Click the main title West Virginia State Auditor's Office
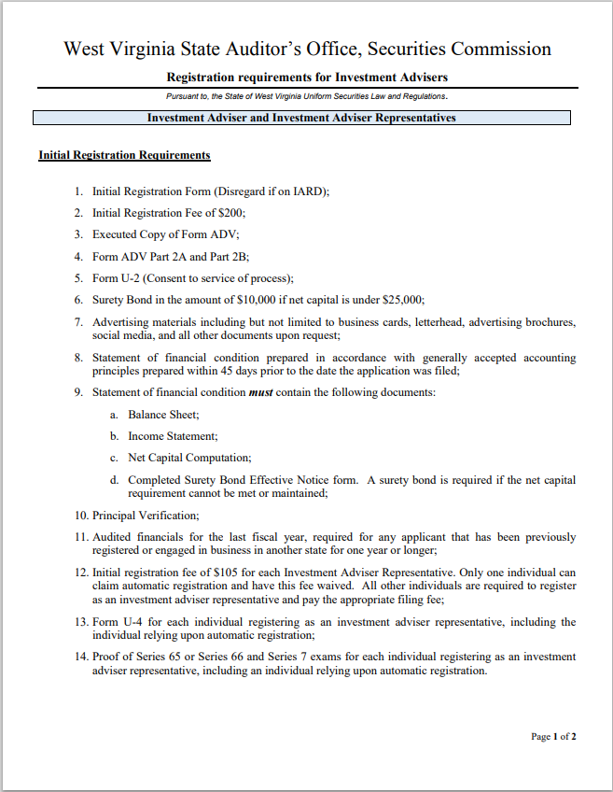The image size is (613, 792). click(307, 49)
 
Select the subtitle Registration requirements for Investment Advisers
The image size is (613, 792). click(307, 77)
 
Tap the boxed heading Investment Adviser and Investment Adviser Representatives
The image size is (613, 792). click(301, 119)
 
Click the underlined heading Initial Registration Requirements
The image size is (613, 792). click(124, 155)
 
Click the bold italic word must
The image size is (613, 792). click(260, 392)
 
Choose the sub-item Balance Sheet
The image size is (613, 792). click(163, 415)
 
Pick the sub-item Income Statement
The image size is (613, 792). click(173, 436)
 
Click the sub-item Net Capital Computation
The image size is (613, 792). click(189, 458)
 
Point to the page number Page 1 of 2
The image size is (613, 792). click(553, 737)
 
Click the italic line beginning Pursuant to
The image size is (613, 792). click(307, 96)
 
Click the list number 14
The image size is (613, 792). click(80, 658)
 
